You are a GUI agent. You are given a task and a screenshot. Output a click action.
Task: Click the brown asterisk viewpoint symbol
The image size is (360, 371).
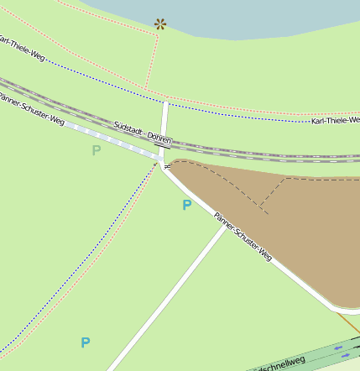point(159,24)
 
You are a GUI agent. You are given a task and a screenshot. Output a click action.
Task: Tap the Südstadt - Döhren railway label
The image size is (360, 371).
point(143,133)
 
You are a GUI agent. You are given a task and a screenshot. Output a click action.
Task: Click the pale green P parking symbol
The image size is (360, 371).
point(96,150)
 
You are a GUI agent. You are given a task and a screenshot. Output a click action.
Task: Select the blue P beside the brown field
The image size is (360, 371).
point(186,205)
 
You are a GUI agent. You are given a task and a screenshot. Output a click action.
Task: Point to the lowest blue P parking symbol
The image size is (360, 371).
point(85,342)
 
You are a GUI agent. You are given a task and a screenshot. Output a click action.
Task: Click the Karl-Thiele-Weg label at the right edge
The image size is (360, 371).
point(334,122)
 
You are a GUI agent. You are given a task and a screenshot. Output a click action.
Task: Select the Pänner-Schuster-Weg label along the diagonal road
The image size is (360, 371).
point(243,237)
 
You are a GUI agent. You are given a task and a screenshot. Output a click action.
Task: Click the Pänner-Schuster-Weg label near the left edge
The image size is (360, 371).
point(32,109)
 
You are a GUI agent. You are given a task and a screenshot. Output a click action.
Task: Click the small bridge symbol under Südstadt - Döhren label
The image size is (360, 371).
point(159,146)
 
